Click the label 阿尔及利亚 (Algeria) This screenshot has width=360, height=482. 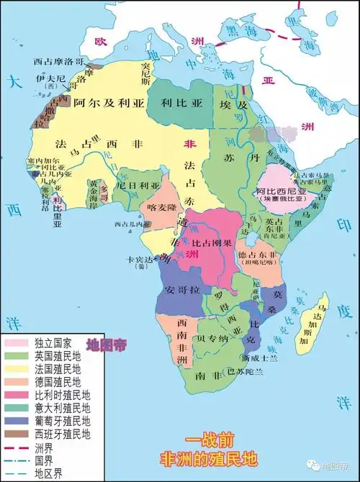(x=107, y=103)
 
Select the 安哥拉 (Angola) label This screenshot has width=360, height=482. (x=180, y=290)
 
